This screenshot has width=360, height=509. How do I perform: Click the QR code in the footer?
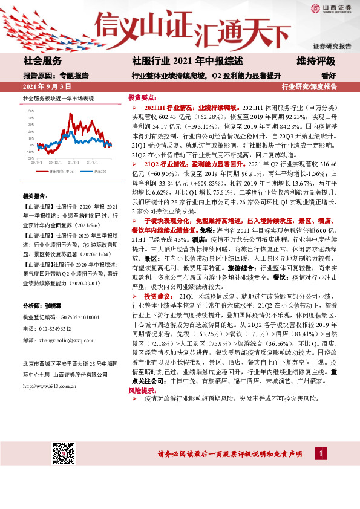pyautogui.click(x=63, y=453)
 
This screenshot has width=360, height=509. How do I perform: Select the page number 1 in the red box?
pyautogui.click(x=321, y=453)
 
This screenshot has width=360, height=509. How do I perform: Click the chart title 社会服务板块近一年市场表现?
pyautogui.click(x=58, y=98)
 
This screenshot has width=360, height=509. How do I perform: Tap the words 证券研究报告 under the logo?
pyautogui.click(x=332, y=47)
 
